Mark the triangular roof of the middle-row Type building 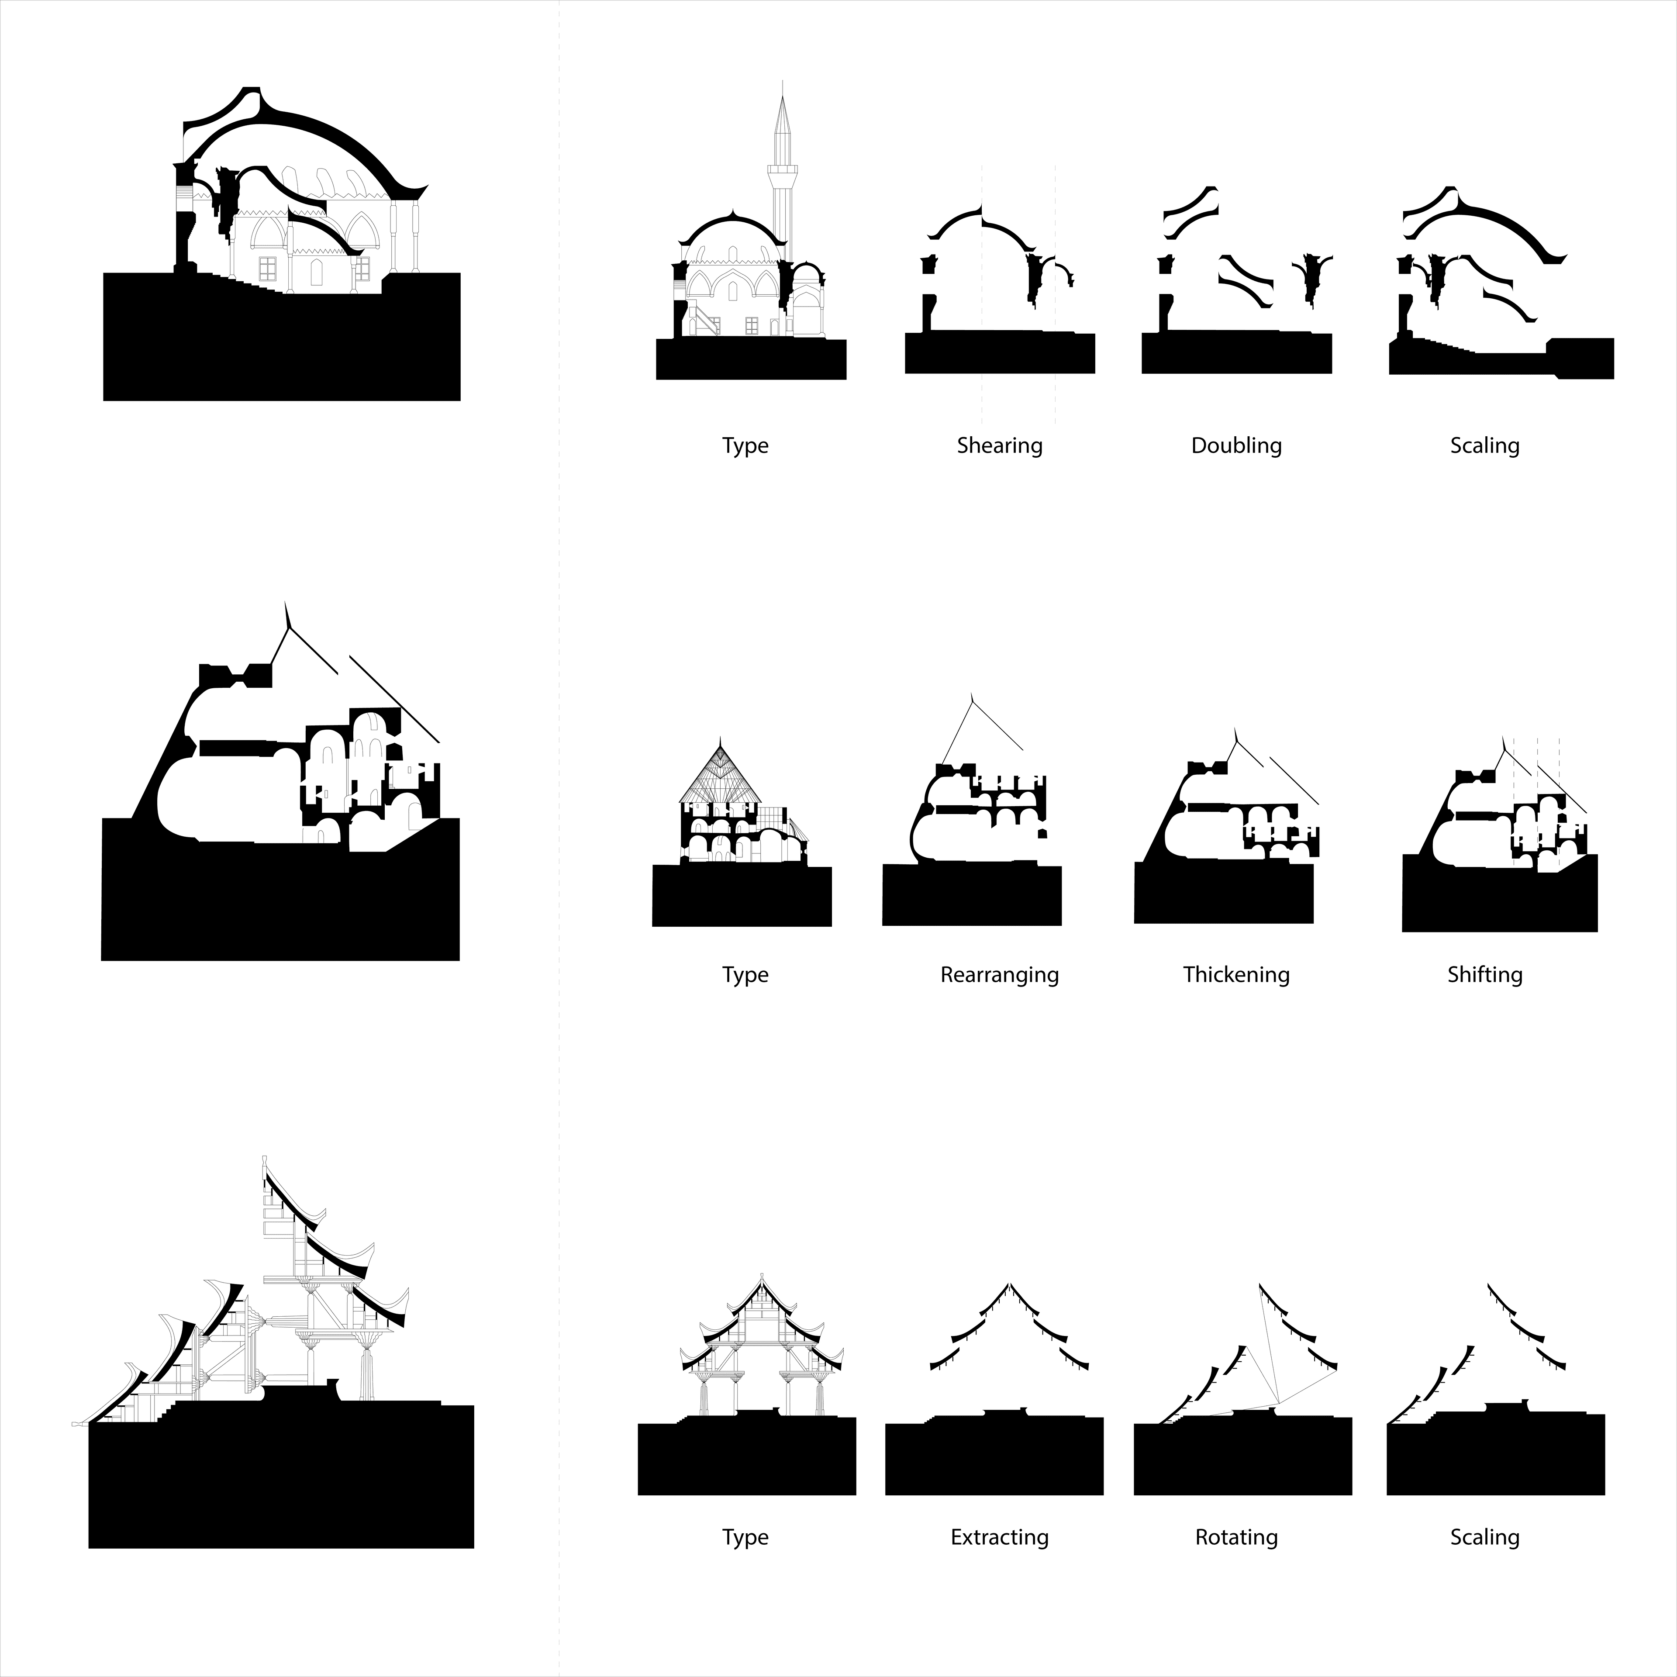pos(720,773)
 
